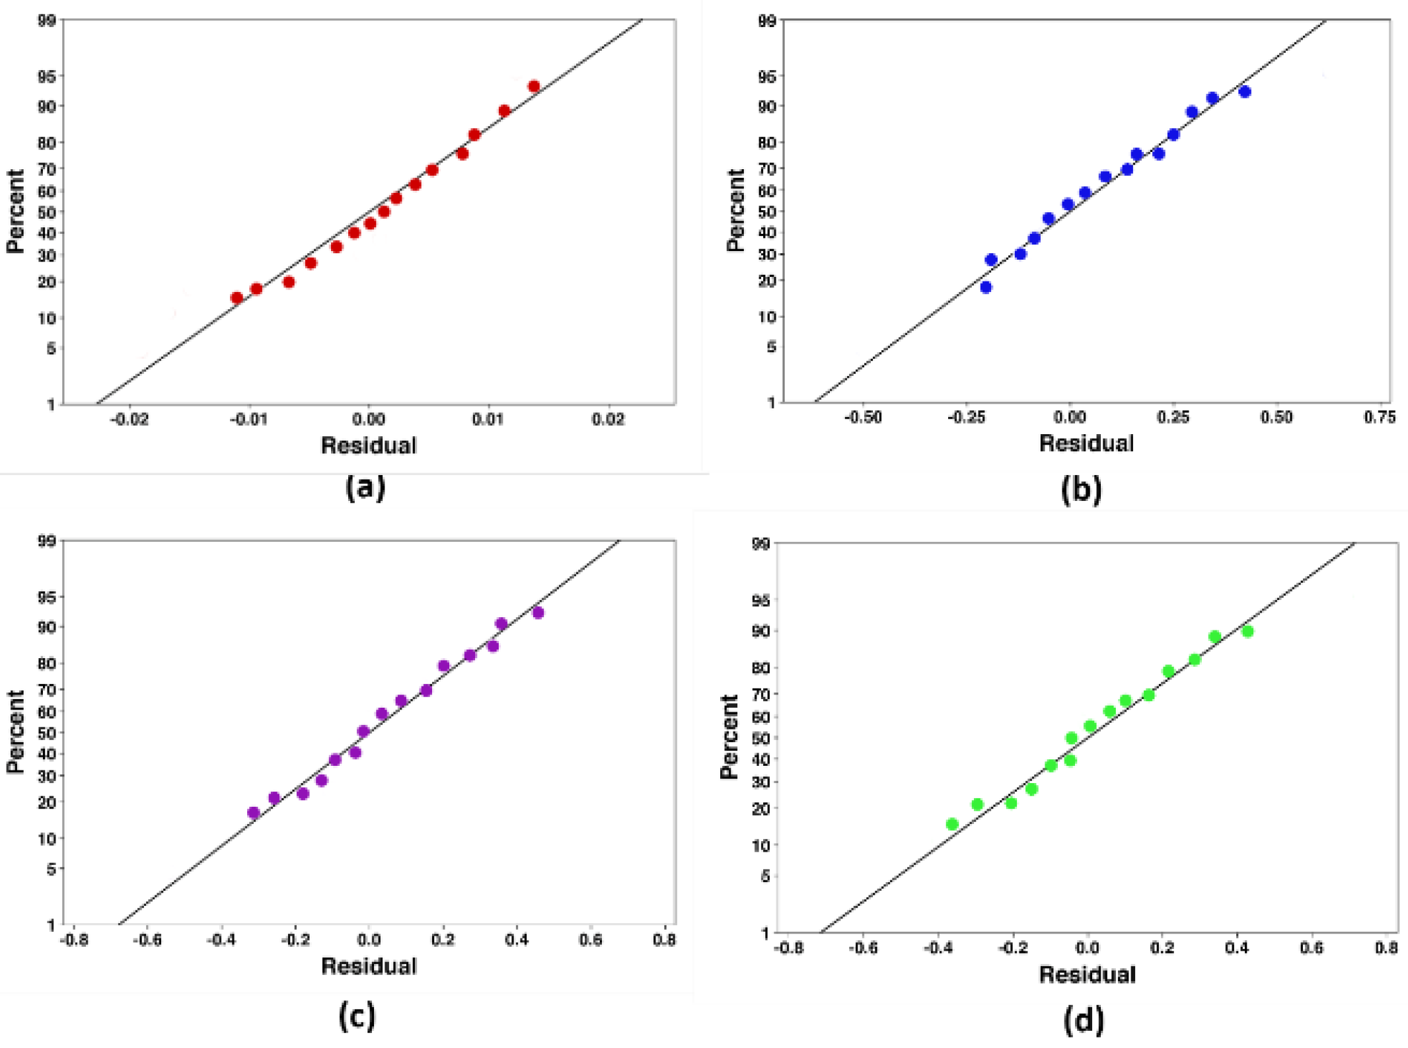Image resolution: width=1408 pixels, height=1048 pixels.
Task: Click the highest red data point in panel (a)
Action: pos(534,87)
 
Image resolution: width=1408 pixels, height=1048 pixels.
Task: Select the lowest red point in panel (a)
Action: pos(237,297)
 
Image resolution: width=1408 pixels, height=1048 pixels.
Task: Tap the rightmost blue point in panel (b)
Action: pos(1245,92)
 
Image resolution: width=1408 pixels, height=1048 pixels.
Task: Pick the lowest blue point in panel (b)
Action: pos(986,287)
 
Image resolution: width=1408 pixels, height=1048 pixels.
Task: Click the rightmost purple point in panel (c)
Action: pos(538,613)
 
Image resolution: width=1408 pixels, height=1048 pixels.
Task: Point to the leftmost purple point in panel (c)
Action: pos(253,812)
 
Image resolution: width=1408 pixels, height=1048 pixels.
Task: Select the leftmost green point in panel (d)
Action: pos(952,824)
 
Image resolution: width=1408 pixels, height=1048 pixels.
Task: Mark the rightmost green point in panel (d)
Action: pos(1247,631)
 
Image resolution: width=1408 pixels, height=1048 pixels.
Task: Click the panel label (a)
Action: pos(365,488)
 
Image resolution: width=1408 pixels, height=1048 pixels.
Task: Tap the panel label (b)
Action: pos(1082,490)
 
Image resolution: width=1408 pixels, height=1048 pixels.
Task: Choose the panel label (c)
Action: pos(357,1015)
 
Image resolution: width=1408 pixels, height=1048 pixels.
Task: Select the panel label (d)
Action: pos(1084,1020)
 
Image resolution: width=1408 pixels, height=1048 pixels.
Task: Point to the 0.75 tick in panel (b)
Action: pos(1380,417)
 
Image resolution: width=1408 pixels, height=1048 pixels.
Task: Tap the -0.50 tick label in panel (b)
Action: pos(863,417)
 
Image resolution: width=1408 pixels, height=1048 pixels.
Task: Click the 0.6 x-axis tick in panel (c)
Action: pos(590,939)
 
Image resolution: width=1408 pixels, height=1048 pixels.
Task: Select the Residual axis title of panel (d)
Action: pos(1087,975)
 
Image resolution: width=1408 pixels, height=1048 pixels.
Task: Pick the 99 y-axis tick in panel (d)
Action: pos(761,544)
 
